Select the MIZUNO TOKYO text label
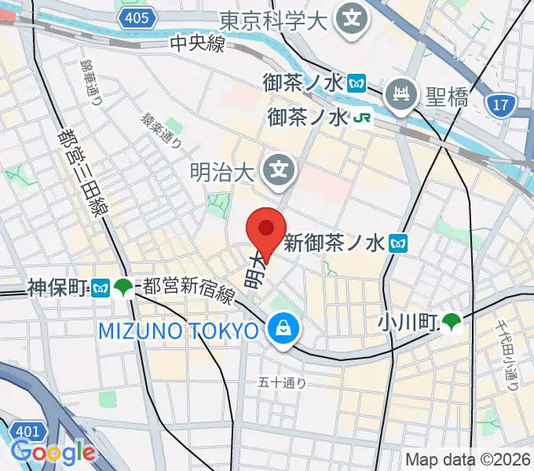tap(178, 330)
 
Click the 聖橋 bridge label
tap(447, 97)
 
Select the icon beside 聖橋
tap(404, 97)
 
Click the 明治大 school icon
tap(278, 168)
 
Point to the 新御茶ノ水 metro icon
tap(398, 243)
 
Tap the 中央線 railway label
tap(198, 45)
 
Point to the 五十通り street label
tap(283, 383)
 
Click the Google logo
tap(53, 452)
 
